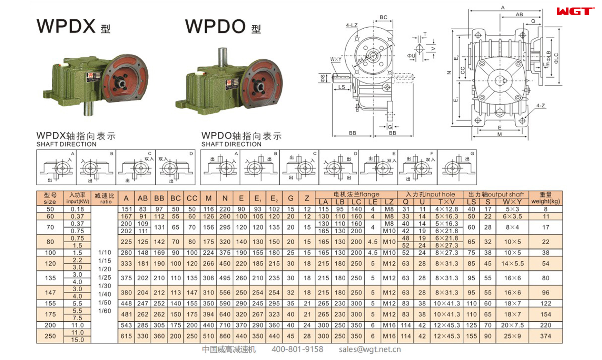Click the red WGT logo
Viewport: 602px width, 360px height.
(x=575, y=11)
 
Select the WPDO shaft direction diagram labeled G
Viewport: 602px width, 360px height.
(x=457, y=167)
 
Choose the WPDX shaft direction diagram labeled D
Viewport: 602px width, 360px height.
(x=175, y=167)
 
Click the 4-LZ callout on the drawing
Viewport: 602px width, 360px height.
(x=352, y=25)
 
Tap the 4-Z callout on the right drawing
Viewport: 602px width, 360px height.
(x=541, y=106)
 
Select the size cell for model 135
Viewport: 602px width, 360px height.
(x=50, y=278)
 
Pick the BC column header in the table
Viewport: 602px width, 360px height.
(x=175, y=198)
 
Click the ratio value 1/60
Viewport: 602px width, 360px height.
(x=105, y=311)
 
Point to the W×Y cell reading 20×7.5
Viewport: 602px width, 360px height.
(x=512, y=325)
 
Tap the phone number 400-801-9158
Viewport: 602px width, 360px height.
(x=297, y=349)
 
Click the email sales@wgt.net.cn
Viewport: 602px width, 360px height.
(x=369, y=349)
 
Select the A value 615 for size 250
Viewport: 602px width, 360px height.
(x=126, y=336)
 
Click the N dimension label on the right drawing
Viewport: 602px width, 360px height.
(x=449, y=73)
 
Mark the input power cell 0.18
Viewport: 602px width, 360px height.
(x=77, y=209)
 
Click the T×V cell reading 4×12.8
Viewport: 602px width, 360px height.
(x=446, y=209)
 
